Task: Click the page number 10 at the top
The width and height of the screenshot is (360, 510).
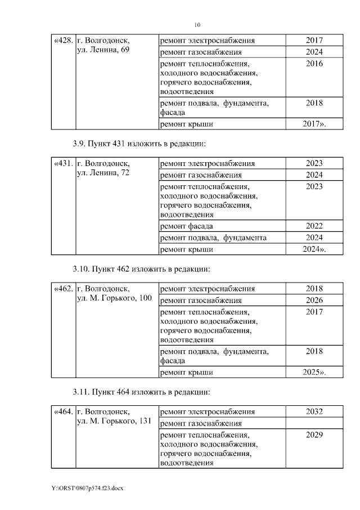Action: (196, 25)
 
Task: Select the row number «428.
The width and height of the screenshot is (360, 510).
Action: (63, 41)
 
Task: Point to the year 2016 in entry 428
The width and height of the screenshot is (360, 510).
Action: (314, 64)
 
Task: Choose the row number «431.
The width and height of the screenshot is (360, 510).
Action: (63, 164)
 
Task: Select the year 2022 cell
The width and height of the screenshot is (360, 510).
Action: (314, 226)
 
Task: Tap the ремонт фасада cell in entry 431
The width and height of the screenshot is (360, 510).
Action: (187, 226)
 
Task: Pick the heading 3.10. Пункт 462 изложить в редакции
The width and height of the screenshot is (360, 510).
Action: (146, 269)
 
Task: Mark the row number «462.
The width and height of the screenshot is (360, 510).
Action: (63, 289)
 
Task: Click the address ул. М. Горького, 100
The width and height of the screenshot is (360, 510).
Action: (114, 298)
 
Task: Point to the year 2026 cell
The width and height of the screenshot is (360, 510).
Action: (314, 300)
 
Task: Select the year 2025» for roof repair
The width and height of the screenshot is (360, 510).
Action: (314, 373)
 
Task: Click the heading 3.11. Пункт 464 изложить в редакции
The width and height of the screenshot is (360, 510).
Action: (146, 391)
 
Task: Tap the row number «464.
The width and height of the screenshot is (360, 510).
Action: (63, 411)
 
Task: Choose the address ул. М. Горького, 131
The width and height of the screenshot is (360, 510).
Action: (114, 422)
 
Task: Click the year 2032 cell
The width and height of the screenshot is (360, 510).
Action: (314, 411)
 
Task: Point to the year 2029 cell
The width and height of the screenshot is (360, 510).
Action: (314, 435)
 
